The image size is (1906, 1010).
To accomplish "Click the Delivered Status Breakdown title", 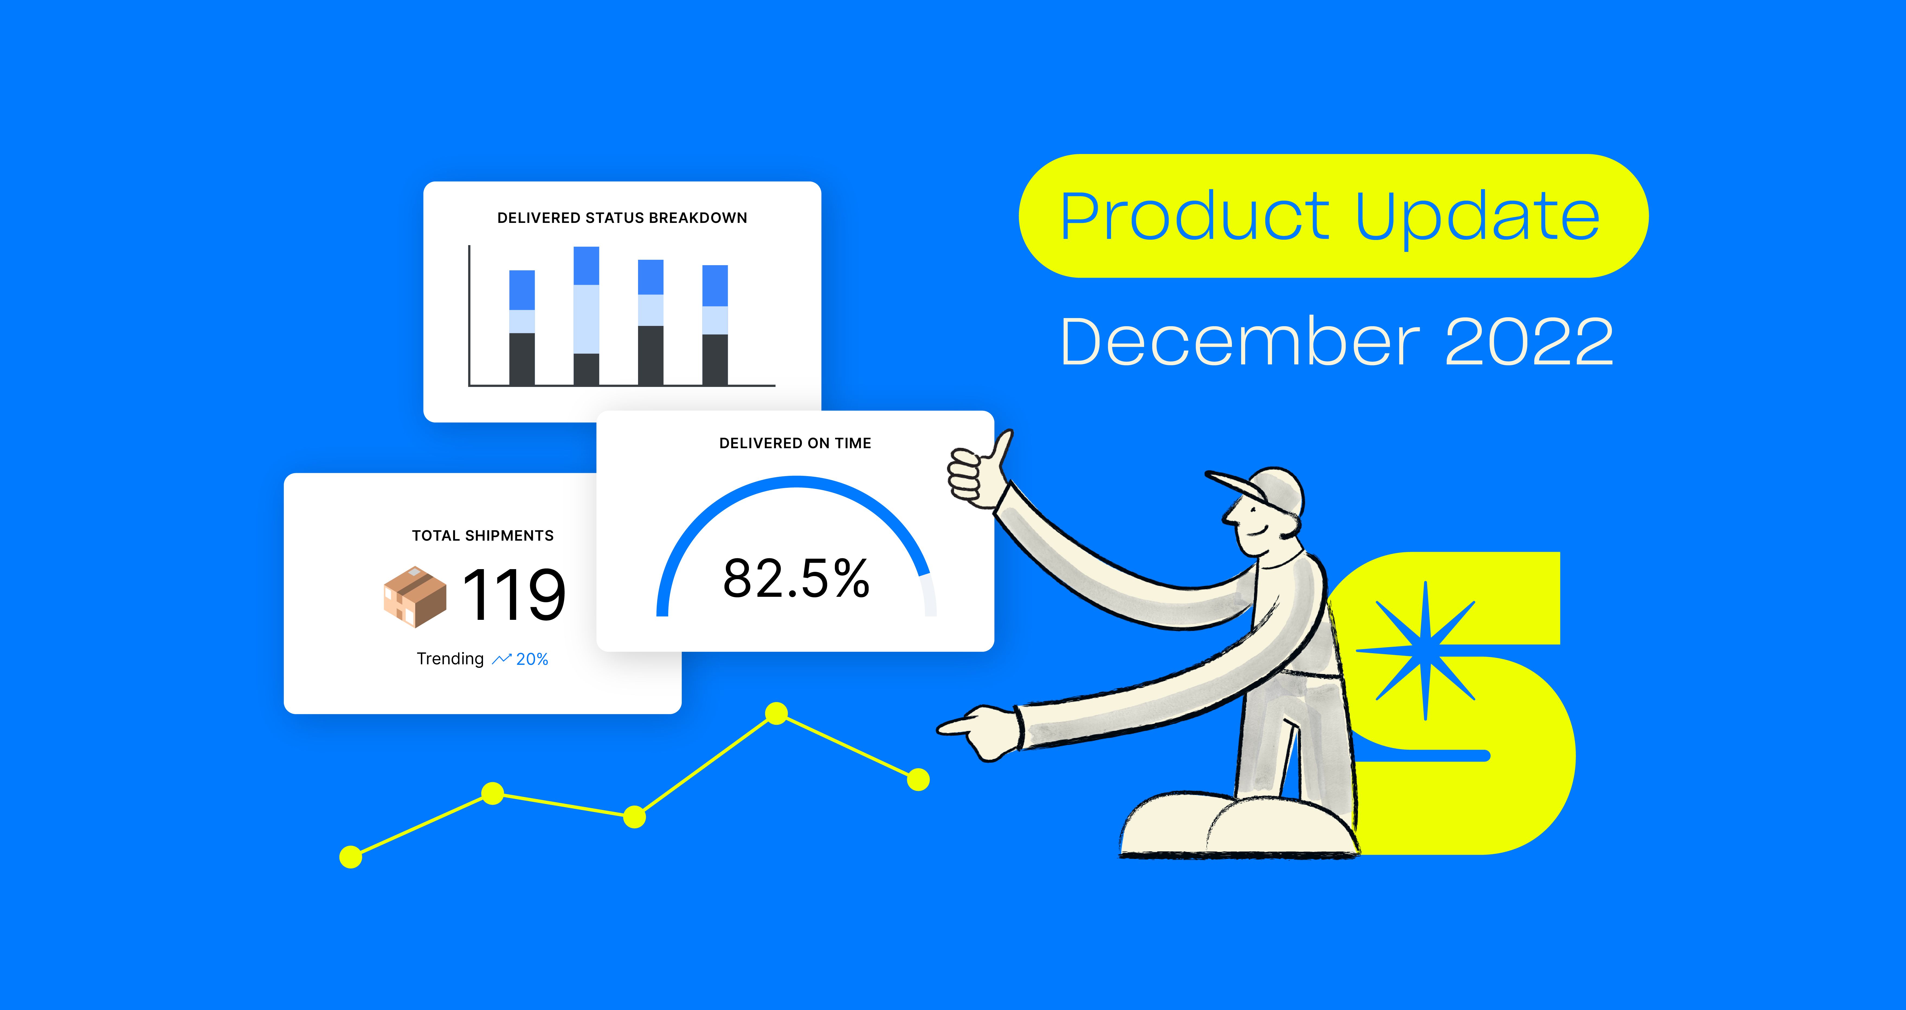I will (x=622, y=217).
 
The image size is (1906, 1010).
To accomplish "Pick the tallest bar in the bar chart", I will (x=586, y=316).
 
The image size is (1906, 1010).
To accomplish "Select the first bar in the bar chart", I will (x=522, y=328).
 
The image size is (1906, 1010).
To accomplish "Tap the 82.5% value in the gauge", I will (x=796, y=578).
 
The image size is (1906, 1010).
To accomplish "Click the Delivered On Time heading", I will (x=795, y=443).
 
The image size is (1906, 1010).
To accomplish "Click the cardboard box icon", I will (x=414, y=597).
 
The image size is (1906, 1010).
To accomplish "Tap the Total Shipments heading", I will (x=482, y=536).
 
